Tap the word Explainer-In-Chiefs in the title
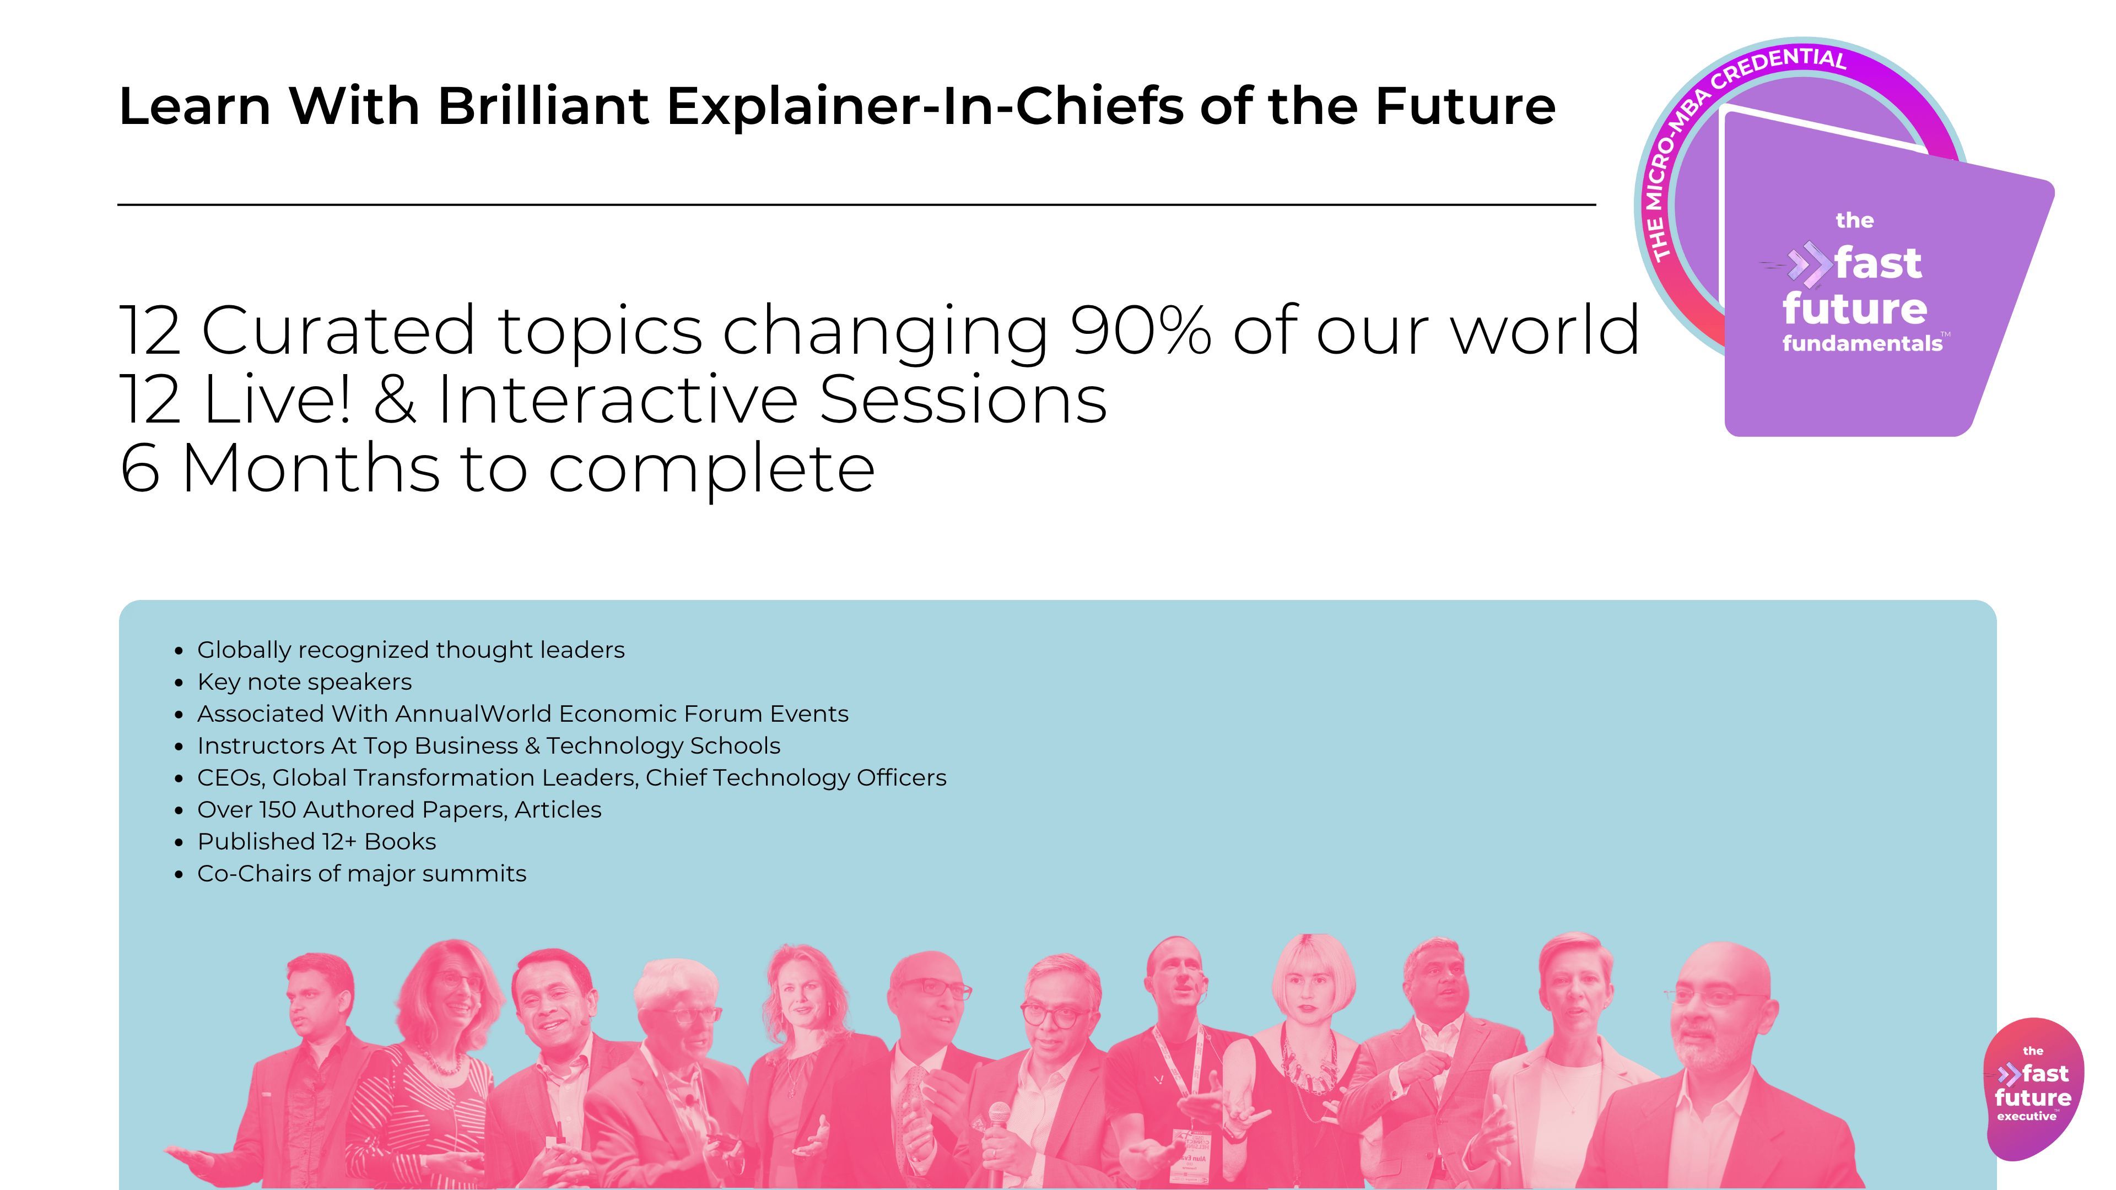point(925,107)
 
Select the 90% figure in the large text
point(1141,330)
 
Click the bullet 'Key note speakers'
point(305,681)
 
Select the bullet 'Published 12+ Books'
point(316,842)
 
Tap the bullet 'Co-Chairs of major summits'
point(361,874)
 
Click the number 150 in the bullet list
point(278,810)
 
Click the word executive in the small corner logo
point(2027,1116)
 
